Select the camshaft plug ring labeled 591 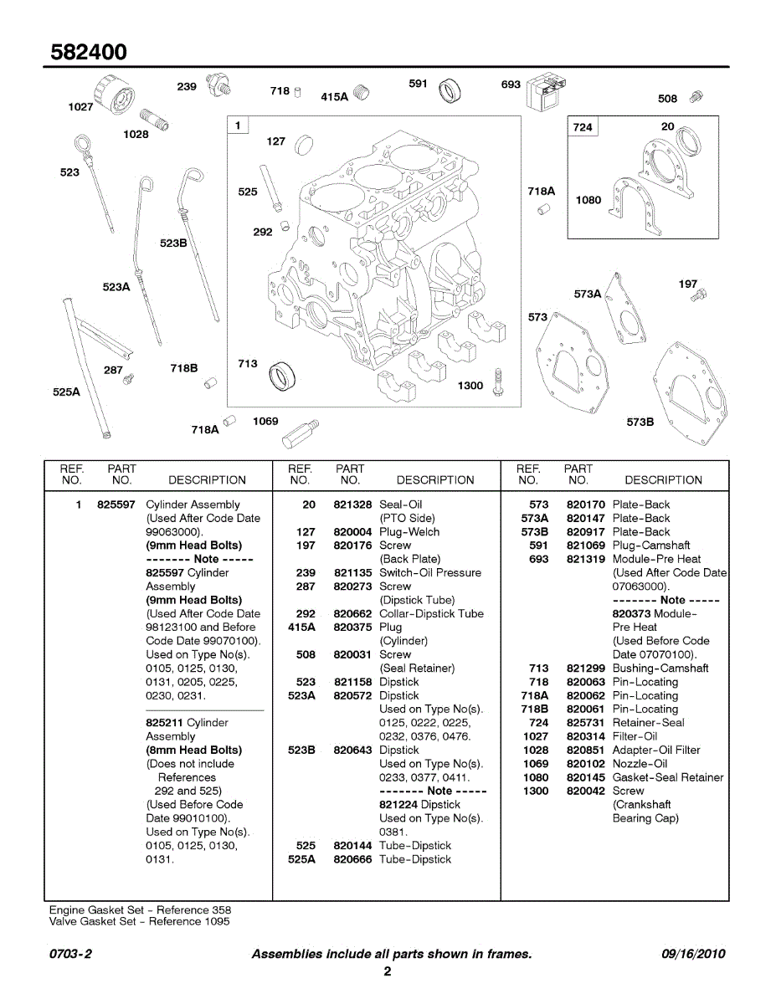(x=450, y=90)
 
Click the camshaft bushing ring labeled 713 (x=280, y=374)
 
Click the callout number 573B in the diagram (x=640, y=423)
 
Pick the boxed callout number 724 (x=583, y=127)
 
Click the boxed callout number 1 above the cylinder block (x=239, y=125)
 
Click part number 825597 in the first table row (x=116, y=505)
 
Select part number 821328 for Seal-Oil (x=352, y=505)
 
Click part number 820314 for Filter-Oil (x=585, y=736)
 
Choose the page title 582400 (x=89, y=52)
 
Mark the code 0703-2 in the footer (x=70, y=954)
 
